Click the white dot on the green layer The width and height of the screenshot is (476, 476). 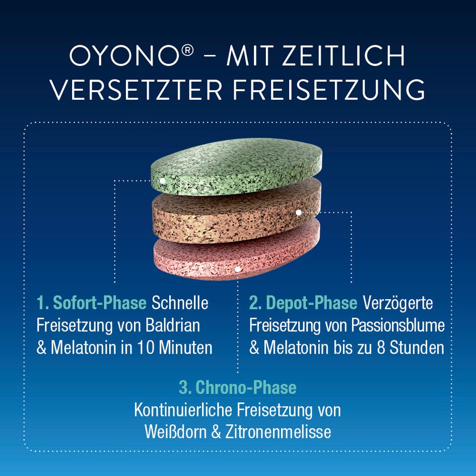tap(162, 180)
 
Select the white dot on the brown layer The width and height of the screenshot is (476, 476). tap(299, 213)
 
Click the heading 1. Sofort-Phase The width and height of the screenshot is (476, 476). tap(91, 303)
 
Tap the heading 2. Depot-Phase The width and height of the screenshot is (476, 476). tap(303, 303)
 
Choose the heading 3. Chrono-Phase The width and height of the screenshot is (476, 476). tap(237, 387)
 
